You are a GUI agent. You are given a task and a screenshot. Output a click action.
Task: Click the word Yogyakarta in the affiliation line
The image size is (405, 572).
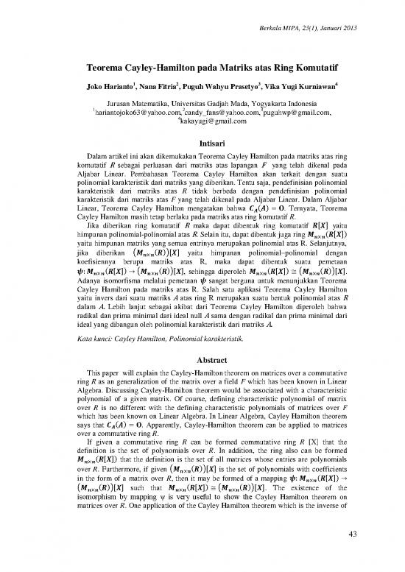[x=264, y=104]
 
